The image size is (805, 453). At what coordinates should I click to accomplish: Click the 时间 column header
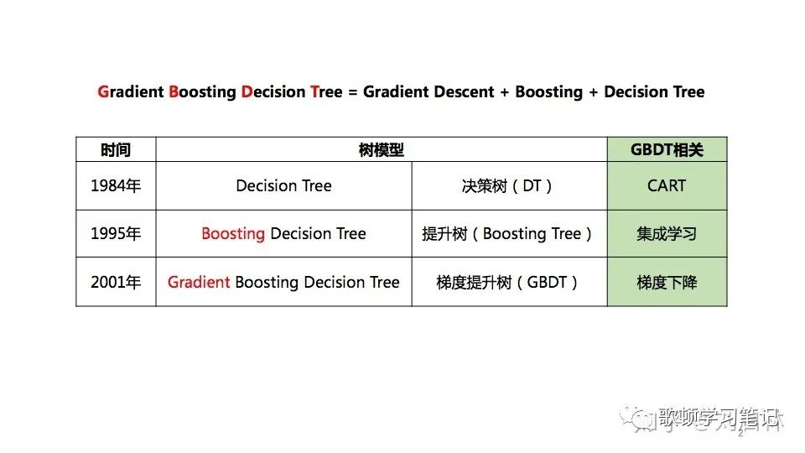[x=116, y=150]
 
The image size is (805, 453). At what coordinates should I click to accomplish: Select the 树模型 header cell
[x=382, y=150]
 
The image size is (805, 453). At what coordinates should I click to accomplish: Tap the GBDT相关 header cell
[x=667, y=150]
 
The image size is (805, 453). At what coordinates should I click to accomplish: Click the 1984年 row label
[x=116, y=185]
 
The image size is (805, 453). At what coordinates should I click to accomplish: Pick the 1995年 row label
[x=116, y=234]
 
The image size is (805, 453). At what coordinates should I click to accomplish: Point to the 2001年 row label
[x=116, y=282]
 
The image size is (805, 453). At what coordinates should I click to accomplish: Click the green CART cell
[x=667, y=185]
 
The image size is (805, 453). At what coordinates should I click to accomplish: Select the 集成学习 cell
[x=667, y=234]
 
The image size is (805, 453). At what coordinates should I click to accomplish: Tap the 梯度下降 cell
[x=667, y=282]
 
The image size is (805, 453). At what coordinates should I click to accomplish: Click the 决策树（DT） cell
[x=508, y=185]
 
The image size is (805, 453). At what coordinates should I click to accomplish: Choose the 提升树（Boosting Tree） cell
[x=508, y=234]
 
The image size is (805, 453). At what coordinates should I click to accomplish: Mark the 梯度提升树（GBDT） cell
[x=508, y=282]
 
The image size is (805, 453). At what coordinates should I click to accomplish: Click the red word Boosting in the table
[x=233, y=234]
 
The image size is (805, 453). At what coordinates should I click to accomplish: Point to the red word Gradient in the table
[x=199, y=282]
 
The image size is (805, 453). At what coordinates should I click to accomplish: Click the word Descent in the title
[x=463, y=91]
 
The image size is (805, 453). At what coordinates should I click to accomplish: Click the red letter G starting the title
[x=103, y=91]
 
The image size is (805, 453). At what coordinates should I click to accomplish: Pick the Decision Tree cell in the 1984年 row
[x=283, y=185]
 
